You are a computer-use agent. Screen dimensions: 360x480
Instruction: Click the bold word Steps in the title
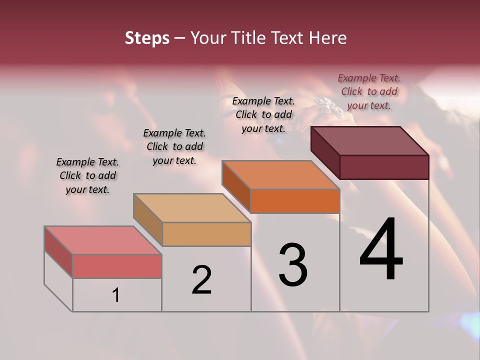coord(147,38)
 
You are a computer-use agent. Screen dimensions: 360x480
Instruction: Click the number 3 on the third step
coord(293,264)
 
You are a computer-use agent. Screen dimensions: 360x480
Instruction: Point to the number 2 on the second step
coord(201,280)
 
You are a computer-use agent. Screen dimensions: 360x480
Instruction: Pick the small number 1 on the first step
coord(115,295)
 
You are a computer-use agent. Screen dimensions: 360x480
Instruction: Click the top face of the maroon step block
coord(370,140)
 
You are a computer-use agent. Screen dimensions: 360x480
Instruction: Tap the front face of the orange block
coord(295,201)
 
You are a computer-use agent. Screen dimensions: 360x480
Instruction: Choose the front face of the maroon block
coord(384,167)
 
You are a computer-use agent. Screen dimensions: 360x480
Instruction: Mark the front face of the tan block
coord(206,234)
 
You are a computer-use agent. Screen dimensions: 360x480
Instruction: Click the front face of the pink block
coord(117,266)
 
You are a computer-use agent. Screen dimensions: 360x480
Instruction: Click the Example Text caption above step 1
coord(87,175)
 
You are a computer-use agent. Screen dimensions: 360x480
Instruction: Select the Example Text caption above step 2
coord(174,146)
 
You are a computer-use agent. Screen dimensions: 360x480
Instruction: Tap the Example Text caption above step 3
coord(263,114)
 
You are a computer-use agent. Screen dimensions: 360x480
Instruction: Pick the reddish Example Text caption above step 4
coord(369,91)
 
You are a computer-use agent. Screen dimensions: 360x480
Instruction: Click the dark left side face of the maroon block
coord(325,152)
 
